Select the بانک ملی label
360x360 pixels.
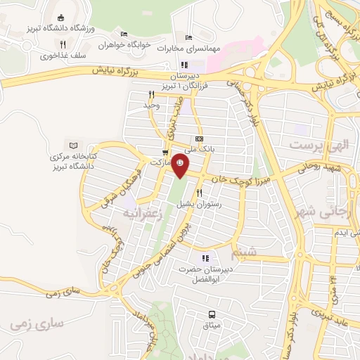tap(199, 149)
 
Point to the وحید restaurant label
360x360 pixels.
tap(152, 105)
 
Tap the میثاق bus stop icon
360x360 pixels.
tap(212, 314)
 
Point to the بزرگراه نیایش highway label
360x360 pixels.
tap(120, 71)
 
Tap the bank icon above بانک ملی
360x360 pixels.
tap(199, 139)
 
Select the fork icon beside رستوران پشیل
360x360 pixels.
tap(199, 193)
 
